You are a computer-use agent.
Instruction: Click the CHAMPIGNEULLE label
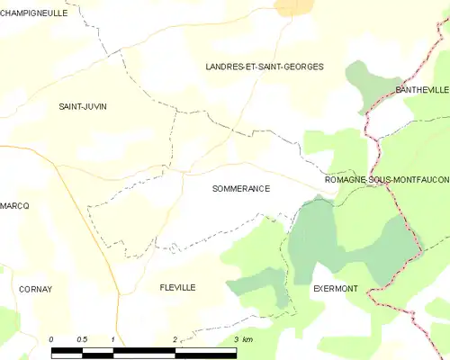[x=36, y=13]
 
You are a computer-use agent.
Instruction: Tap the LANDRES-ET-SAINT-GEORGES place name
[x=265, y=67]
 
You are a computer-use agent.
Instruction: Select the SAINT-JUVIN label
[x=83, y=106]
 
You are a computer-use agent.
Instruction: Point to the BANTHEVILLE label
[x=421, y=91]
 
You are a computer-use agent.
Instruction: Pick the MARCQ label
[x=14, y=206]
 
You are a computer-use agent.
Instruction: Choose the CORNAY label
[x=36, y=289]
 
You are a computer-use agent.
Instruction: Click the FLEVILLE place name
[x=177, y=287]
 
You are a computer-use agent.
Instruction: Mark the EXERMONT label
[x=335, y=289]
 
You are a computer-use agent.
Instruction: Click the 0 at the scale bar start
[x=51, y=339]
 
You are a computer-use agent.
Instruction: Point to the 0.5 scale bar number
[x=81, y=339]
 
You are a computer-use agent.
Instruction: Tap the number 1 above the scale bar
[x=112, y=339]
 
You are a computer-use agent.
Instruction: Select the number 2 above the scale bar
[x=174, y=339]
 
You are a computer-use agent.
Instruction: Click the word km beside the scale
[x=247, y=339]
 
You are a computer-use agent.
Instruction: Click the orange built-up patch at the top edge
[x=295, y=6]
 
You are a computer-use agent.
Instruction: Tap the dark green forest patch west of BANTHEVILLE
[x=364, y=85]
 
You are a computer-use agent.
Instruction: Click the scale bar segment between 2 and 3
[x=205, y=351]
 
